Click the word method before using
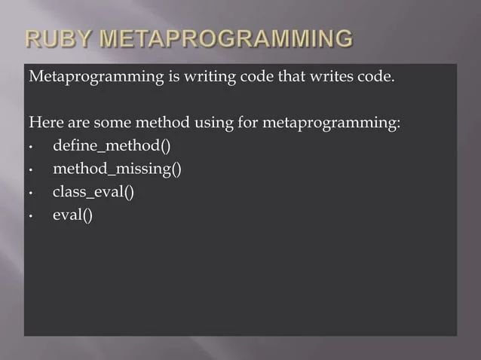pos(164,123)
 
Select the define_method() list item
pos(112,145)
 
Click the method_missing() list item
pos(117,169)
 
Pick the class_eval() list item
pos(93,192)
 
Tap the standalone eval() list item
pos(72,215)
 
